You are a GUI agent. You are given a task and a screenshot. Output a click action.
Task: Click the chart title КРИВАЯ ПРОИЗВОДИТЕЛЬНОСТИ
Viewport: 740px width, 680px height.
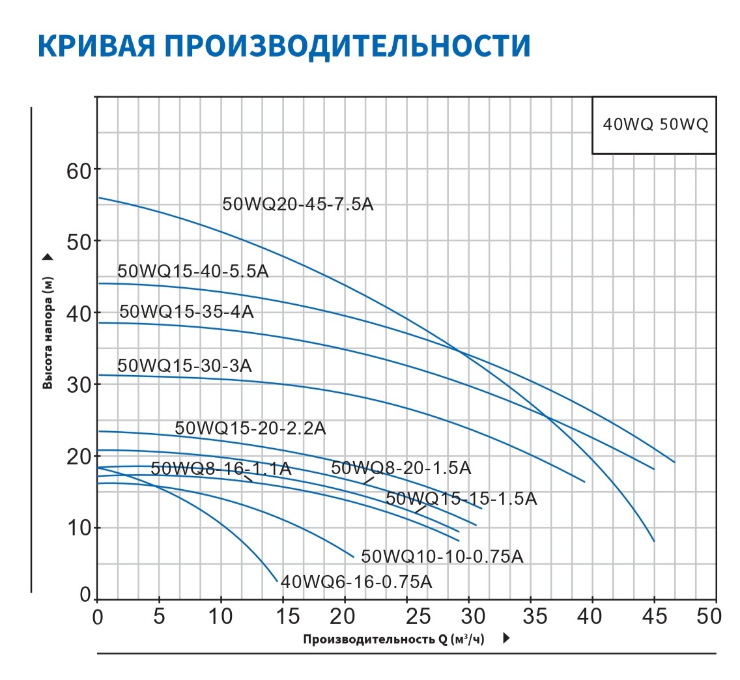284,46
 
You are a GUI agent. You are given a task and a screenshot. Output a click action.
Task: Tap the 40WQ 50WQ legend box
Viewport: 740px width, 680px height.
654,125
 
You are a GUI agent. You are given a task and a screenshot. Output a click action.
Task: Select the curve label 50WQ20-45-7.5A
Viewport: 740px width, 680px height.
298,204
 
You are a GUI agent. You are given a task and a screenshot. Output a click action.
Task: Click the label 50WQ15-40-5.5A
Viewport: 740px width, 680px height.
193,272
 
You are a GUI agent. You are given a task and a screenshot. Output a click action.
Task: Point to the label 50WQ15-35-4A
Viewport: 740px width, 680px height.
187,311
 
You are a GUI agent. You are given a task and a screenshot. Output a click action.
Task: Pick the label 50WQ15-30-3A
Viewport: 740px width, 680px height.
184,365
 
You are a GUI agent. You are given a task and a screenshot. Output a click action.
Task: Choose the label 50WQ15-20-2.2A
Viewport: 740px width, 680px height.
250,428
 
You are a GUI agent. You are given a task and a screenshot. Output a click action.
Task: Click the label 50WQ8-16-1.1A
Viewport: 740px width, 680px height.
221,468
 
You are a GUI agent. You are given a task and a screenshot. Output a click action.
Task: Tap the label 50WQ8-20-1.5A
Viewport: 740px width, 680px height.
401,468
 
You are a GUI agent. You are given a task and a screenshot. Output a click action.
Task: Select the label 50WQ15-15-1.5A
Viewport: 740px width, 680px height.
461,499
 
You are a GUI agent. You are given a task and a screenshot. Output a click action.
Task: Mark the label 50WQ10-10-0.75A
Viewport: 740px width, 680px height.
442,556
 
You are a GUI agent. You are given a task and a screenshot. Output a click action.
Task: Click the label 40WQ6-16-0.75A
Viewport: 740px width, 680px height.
356,581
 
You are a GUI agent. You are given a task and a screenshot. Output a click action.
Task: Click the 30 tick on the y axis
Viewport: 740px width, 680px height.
80,384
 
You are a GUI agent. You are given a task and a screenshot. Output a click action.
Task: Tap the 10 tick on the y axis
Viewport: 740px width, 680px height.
80,528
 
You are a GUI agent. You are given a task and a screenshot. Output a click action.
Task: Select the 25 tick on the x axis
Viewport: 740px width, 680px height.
406,616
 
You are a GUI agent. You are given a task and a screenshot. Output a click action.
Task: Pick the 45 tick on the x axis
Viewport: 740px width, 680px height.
653,616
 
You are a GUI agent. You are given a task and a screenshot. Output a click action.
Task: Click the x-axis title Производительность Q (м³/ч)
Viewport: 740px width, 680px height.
394,640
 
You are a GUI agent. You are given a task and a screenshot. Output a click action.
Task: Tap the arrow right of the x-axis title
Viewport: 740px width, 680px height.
506,639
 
